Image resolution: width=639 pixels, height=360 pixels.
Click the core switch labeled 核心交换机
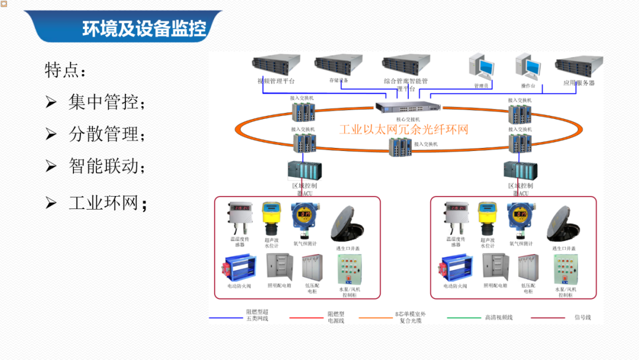(x=408, y=108)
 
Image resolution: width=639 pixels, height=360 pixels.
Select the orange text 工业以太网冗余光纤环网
(x=404, y=129)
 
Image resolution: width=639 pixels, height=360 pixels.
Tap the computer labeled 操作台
(x=528, y=66)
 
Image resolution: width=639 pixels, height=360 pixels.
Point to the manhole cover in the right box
(x=563, y=224)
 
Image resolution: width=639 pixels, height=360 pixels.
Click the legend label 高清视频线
(x=498, y=318)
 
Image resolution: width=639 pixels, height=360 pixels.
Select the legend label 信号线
(x=582, y=318)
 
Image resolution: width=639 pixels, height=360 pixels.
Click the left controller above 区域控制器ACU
(x=305, y=171)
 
